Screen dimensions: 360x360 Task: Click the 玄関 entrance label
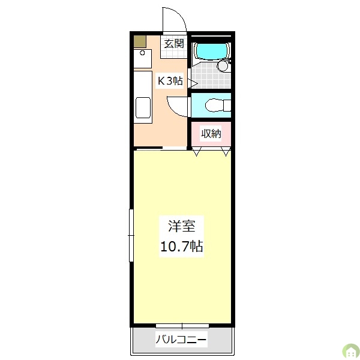click(174, 43)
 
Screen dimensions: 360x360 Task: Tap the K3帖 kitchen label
click(170, 81)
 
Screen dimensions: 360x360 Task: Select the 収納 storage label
click(211, 134)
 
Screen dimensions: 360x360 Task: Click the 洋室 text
click(181, 226)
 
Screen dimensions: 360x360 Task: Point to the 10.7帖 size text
click(181, 245)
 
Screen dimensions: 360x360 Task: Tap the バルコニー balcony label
click(181, 340)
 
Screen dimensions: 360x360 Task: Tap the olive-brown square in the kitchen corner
click(140, 42)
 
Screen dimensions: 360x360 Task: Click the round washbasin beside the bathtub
click(223, 66)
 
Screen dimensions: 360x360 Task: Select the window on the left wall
click(131, 235)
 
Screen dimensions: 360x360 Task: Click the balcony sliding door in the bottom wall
click(181, 326)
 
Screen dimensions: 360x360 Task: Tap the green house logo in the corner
click(349, 350)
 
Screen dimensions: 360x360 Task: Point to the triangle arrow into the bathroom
click(193, 81)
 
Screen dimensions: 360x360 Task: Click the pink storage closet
click(211, 135)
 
